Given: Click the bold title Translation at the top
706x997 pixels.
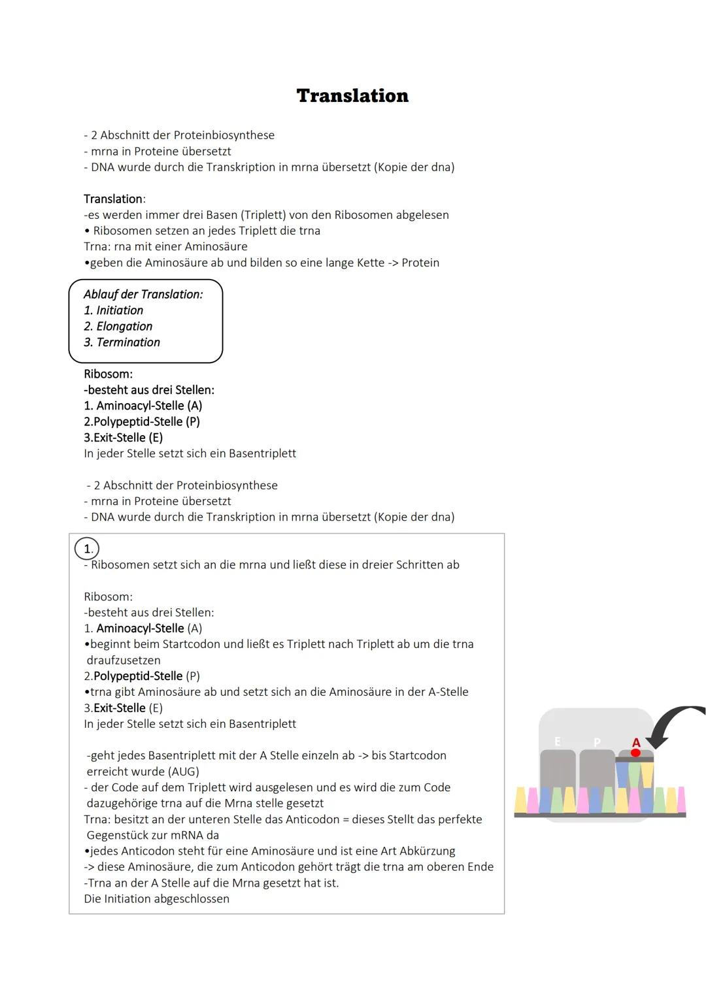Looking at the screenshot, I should (x=352, y=96).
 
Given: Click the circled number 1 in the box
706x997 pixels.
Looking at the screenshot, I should (x=88, y=549).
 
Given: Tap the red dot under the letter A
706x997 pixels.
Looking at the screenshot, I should (x=635, y=753).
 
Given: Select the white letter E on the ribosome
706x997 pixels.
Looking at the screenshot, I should (x=558, y=741).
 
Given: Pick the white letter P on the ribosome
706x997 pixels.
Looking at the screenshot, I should (x=597, y=742).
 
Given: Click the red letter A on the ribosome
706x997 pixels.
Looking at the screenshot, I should (x=636, y=742).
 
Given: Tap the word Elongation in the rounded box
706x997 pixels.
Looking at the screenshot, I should (x=124, y=326).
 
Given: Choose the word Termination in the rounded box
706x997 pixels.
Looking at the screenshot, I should (x=128, y=342).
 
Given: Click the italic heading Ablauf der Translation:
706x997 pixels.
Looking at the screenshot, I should (x=143, y=295).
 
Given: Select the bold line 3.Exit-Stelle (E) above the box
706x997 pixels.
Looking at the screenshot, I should (x=123, y=437).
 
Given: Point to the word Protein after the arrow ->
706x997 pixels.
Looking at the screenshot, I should (x=420, y=263).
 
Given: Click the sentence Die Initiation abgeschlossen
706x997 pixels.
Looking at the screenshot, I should (x=156, y=898).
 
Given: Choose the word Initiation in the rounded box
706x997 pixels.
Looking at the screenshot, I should (x=120, y=310).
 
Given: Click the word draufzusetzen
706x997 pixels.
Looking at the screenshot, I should (x=124, y=660).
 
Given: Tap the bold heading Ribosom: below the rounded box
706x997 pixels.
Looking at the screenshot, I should (x=108, y=374).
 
